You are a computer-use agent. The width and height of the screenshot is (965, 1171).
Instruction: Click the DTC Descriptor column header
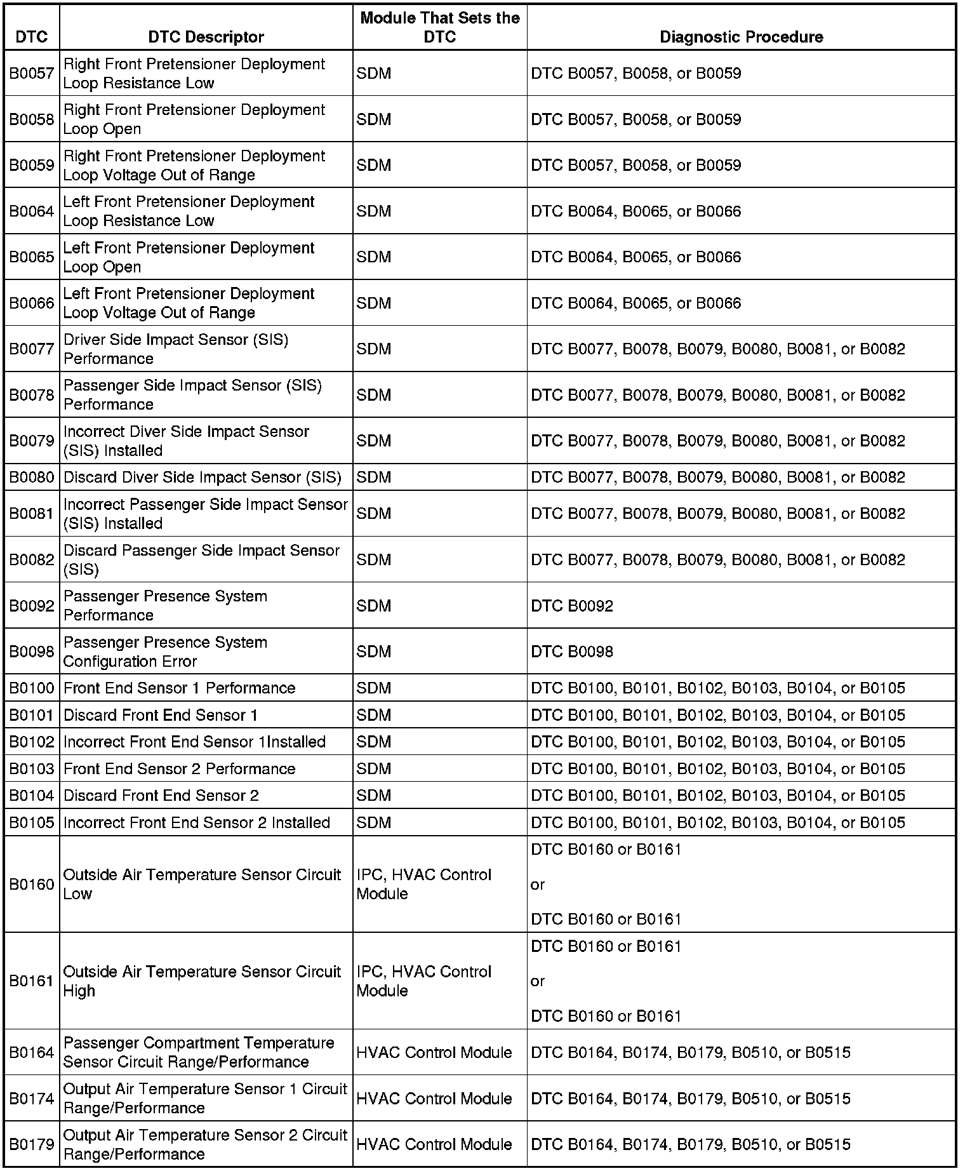pos(206,37)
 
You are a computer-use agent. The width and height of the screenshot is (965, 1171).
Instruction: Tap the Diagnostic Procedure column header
pos(741,37)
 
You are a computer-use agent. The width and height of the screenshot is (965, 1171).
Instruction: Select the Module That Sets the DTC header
pos(439,27)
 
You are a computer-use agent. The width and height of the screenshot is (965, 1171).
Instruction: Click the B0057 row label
pos(32,74)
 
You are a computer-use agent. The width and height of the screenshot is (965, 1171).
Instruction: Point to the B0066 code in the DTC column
pos(32,303)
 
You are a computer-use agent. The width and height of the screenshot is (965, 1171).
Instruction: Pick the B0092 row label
pos(32,606)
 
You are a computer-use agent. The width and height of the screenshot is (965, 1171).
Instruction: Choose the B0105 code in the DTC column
pos(32,822)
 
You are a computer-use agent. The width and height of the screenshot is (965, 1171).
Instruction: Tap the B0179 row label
pos(32,1144)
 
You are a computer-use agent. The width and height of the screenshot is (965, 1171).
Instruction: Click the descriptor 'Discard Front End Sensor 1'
pos(161,715)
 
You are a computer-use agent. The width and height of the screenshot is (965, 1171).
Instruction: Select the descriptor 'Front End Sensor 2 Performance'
pos(180,768)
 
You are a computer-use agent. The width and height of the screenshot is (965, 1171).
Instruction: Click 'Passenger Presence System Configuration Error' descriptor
pos(165,652)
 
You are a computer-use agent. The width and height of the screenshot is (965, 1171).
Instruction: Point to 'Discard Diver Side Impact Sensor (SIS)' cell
pos(203,477)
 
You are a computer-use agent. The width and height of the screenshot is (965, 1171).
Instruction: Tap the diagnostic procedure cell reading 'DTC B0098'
pos(572,652)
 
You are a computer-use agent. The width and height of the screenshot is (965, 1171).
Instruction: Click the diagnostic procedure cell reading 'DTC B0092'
pos(572,606)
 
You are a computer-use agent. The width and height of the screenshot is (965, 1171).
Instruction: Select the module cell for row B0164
pos(434,1052)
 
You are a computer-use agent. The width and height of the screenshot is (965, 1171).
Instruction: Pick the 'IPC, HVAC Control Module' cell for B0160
pos(424,884)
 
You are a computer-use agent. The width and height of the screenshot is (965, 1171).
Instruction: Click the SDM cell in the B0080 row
pos(374,477)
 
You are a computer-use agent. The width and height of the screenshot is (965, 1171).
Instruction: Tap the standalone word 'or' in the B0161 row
pos(538,981)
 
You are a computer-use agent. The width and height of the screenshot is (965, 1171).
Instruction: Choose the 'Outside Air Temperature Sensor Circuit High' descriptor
pos(202,981)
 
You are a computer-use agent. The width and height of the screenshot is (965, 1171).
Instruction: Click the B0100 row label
pos(32,688)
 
